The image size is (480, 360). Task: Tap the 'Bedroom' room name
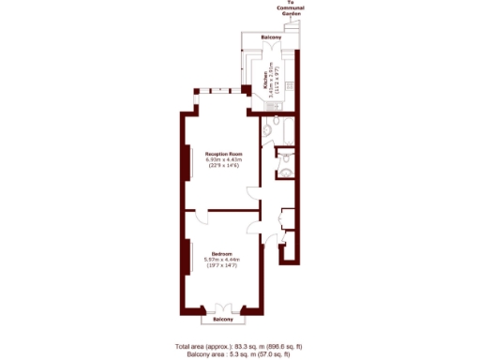[x=222, y=252]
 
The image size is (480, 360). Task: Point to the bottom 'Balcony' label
[x=222, y=320]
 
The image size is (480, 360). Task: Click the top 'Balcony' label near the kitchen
[x=270, y=39]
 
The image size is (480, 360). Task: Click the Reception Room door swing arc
[x=253, y=191]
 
